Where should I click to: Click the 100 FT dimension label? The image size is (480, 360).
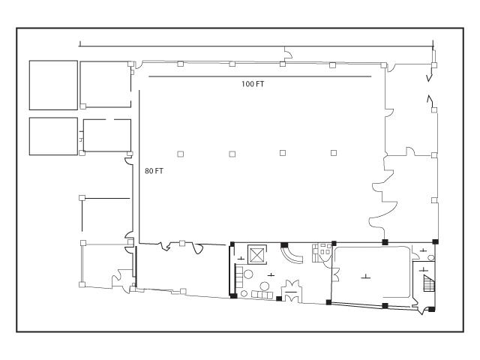253,84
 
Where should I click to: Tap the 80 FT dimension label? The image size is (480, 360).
154,171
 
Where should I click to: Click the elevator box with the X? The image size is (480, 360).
256,254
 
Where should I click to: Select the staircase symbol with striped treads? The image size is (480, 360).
429,283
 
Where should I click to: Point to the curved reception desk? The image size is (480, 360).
291,256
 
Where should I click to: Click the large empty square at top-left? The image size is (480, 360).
53,85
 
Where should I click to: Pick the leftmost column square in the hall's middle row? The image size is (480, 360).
181,154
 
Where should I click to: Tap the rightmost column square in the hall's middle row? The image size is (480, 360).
334,153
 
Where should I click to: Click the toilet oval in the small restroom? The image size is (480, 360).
431,257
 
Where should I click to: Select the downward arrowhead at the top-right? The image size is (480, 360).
430,78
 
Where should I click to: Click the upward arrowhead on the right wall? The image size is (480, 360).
430,98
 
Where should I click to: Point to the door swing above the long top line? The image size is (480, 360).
288,53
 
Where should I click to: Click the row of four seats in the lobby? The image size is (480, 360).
262,295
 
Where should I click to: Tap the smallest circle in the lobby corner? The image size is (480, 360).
244,293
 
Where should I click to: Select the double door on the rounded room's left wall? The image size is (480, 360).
336,274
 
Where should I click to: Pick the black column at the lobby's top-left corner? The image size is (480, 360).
232,244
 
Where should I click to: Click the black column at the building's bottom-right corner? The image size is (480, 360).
431,310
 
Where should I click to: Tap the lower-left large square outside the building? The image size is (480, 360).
53,136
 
